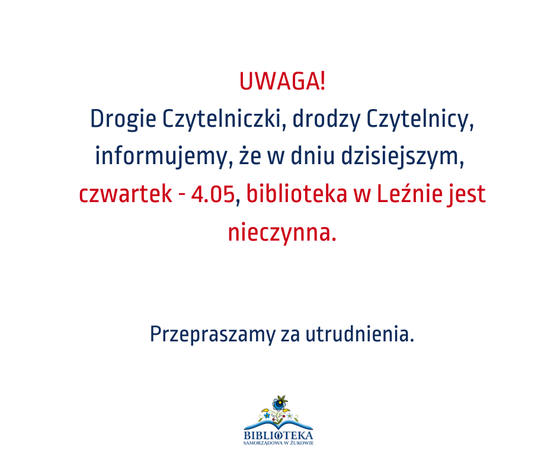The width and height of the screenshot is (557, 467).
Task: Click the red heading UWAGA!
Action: (283, 81)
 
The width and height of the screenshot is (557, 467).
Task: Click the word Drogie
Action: (123, 119)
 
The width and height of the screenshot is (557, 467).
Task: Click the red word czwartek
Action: (126, 194)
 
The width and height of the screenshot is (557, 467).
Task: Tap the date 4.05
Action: (213, 195)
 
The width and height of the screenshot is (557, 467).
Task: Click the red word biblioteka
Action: (297, 194)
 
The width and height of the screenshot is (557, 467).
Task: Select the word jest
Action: (466, 195)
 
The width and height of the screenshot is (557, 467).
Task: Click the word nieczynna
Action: (282, 233)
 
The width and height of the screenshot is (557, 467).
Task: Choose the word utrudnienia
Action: (360, 334)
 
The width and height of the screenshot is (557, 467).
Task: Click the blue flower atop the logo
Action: (280, 404)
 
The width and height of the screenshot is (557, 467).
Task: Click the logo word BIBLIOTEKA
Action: (278, 436)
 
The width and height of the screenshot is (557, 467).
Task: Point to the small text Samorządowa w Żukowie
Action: (278, 443)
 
